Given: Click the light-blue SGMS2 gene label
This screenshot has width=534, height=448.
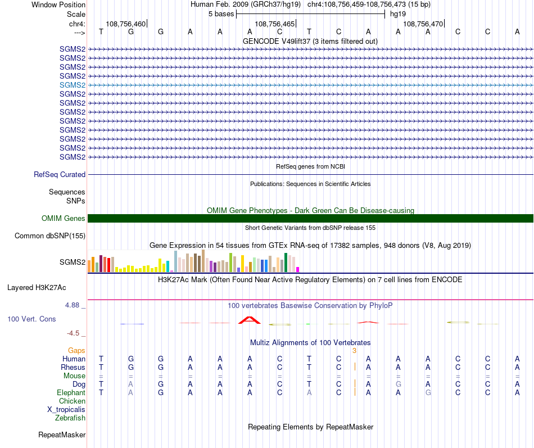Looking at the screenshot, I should [73, 85].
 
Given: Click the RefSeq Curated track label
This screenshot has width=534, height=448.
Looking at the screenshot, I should [60, 175].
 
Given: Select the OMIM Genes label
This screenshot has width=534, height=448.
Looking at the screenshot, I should [64, 219].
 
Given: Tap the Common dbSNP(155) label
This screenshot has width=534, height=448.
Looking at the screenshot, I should [49, 236].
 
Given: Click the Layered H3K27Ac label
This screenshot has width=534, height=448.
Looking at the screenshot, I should [37, 288].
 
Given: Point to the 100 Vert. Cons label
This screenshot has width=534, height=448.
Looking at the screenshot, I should [31, 319].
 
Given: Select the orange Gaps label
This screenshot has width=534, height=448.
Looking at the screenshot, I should [76, 350].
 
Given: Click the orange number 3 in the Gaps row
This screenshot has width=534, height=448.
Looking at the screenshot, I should [354, 351].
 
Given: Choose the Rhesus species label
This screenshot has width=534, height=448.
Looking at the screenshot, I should [73, 367].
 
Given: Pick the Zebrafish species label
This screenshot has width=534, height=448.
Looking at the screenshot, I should [70, 418].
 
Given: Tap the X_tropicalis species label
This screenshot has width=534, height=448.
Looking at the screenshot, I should [66, 409].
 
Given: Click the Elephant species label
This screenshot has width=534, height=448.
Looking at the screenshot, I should [71, 392].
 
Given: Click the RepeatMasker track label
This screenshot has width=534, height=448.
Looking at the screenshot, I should [62, 435].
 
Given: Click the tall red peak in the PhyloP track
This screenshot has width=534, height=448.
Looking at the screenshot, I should [249, 320].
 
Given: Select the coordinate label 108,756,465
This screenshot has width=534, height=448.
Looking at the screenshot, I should [274, 24].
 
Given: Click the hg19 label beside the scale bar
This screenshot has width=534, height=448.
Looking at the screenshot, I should [398, 13].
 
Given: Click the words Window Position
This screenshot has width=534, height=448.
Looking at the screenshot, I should [58, 4].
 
